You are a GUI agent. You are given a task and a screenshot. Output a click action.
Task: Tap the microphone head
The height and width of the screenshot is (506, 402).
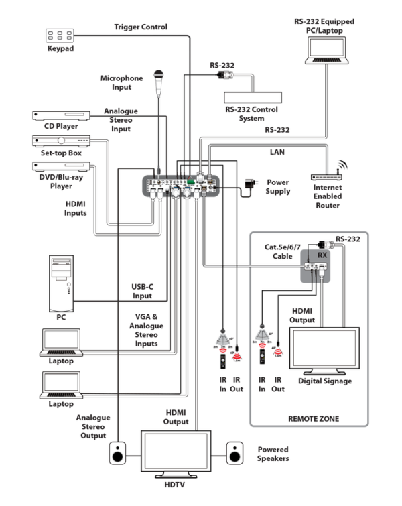tap(159, 75)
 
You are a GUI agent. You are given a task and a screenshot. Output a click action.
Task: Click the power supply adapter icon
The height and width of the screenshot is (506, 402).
tap(250, 184)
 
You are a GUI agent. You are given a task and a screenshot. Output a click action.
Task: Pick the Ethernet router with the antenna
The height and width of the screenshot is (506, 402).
tap(328, 176)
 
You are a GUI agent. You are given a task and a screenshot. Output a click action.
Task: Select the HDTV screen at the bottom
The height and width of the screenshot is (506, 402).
tap(176, 453)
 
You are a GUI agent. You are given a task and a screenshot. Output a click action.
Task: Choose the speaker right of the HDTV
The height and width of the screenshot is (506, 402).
tap(235, 454)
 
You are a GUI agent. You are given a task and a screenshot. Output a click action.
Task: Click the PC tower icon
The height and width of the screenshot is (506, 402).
tap(60, 283)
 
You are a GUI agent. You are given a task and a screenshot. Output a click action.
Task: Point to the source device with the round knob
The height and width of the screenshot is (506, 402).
tap(60, 141)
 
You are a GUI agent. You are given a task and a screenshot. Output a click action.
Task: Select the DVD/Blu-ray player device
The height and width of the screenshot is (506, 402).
tap(60, 166)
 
